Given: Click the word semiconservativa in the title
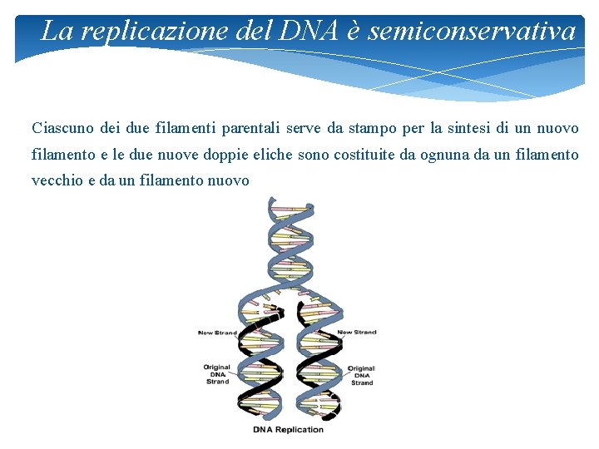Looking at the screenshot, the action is (x=472, y=32).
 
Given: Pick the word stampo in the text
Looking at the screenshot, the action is (x=373, y=129).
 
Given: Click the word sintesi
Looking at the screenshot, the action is (x=470, y=129).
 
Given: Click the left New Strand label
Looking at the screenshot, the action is (x=217, y=333).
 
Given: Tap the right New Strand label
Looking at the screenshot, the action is (x=357, y=333).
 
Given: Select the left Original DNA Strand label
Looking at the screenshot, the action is (x=217, y=374).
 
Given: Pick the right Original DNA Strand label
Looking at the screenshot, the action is (x=361, y=375).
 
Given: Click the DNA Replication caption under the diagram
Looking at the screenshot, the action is (x=288, y=430).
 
